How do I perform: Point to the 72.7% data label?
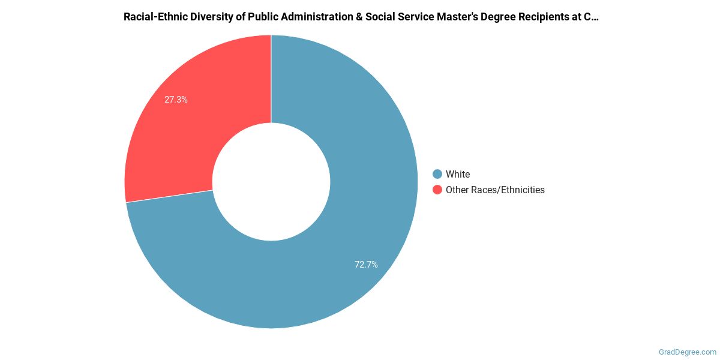click(x=366, y=264)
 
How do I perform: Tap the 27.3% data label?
click(x=176, y=100)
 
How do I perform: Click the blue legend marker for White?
click(x=437, y=174)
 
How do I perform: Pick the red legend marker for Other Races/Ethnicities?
click(x=437, y=190)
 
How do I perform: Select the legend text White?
click(x=458, y=174)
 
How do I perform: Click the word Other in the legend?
click(x=457, y=190)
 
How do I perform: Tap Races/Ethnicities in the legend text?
click(x=508, y=190)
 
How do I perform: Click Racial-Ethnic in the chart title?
click(x=153, y=17)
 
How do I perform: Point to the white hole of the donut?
click(x=271, y=182)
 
